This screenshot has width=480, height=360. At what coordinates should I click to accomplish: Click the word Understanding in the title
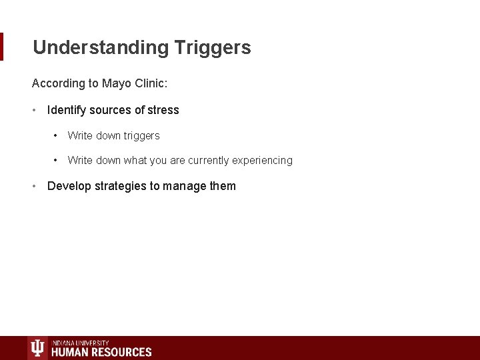[101, 48]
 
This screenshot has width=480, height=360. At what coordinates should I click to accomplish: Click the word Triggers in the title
[213, 48]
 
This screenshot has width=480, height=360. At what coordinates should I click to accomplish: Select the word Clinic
[153, 83]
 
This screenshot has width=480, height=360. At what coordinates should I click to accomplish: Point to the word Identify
[66, 110]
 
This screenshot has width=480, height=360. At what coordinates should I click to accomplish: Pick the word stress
[164, 110]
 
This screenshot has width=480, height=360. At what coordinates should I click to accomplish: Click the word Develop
[69, 186]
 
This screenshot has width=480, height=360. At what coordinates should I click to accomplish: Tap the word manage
[184, 186]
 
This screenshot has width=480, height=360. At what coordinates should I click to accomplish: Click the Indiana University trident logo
[37, 349]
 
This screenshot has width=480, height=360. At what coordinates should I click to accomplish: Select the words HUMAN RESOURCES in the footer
[101, 352]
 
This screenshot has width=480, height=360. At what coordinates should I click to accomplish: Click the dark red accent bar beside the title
[1, 47]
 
